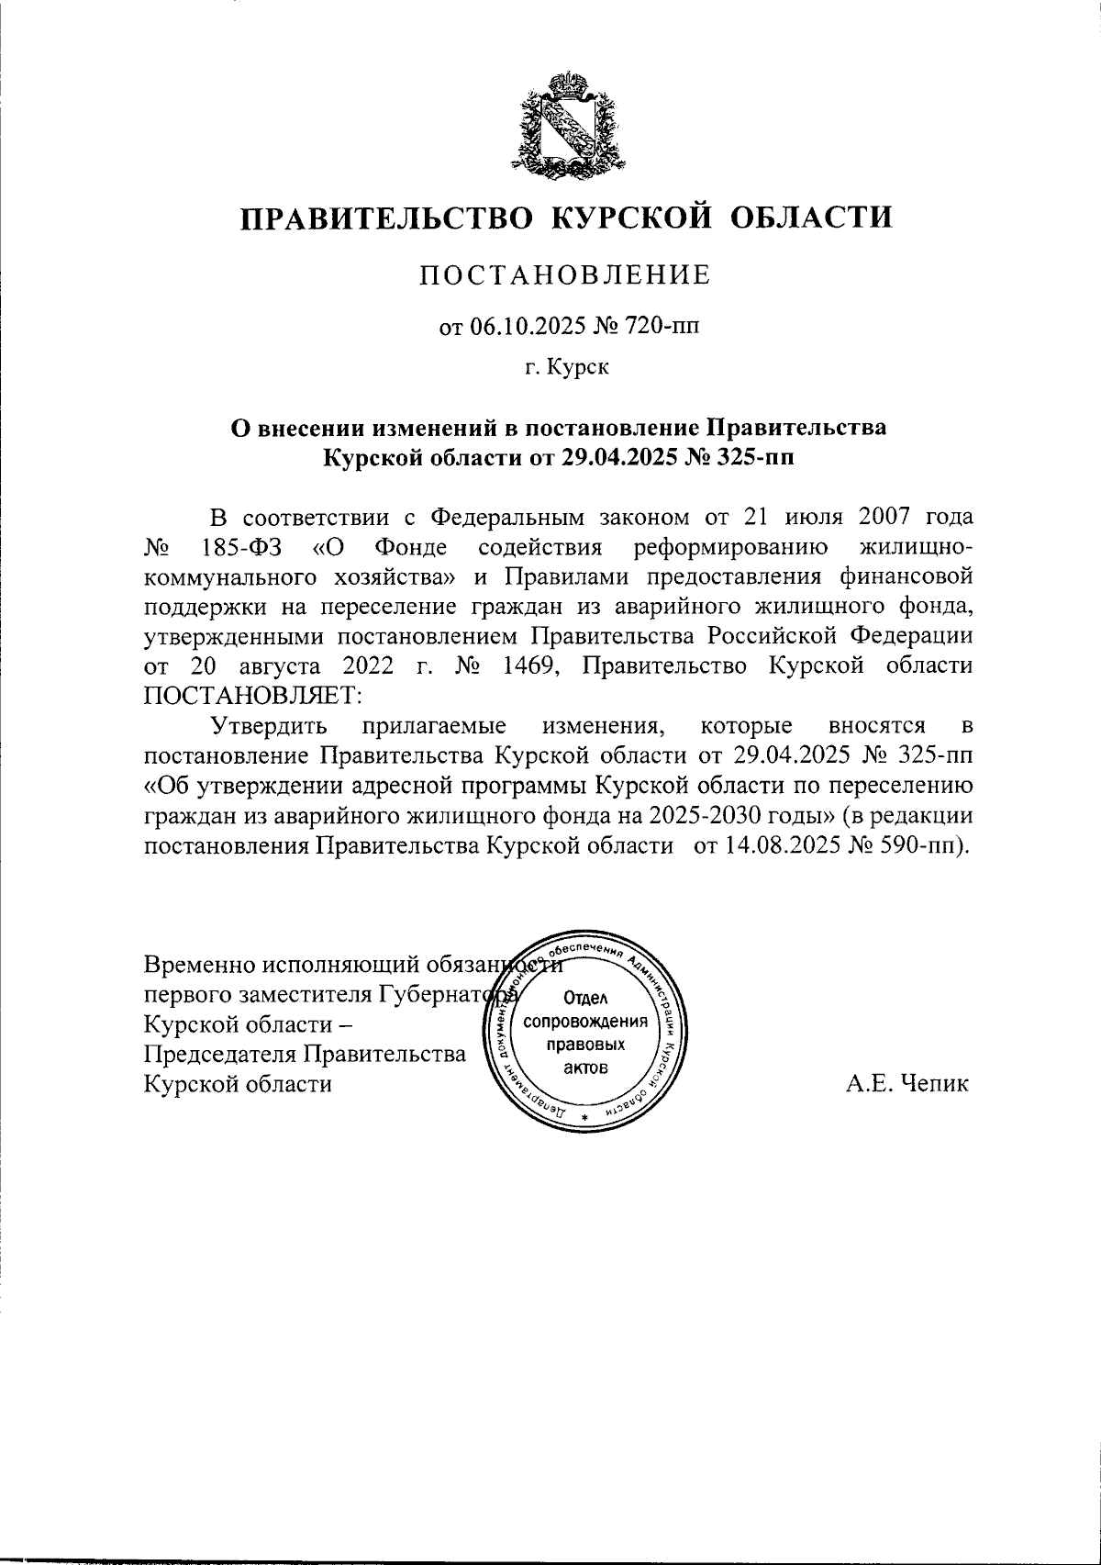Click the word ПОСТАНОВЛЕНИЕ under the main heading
pos(564,274)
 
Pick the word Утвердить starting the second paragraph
pos(270,726)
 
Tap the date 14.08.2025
pos(775,845)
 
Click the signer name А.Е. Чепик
pos(906,1084)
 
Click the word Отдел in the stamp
pos(584,999)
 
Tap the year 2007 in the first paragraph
pos(874,519)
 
